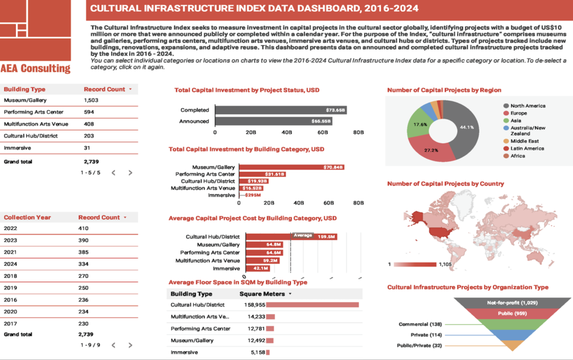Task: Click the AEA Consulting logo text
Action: point(36,69)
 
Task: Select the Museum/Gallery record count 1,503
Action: point(91,100)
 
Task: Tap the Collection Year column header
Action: point(27,217)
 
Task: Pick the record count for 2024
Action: point(83,263)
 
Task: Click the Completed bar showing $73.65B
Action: point(281,110)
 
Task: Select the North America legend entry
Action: point(527,106)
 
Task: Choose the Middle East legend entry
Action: point(524,141)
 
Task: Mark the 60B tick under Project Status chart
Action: point(323,133)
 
